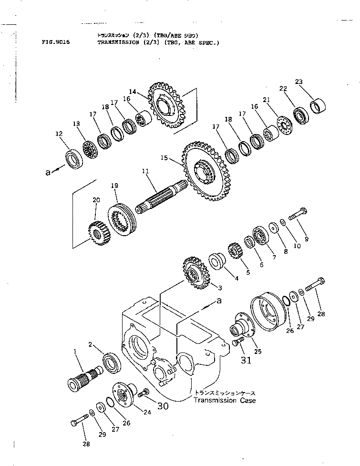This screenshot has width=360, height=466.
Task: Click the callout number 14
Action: pyautogui.click(x=133, y=91)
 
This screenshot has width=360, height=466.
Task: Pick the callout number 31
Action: pyautogui.click(x=246, y=361)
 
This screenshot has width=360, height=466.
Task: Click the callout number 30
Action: pyautogui.click(x=163, y=406)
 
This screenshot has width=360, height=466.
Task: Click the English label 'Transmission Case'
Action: pyautogui.click(x=224, y=400)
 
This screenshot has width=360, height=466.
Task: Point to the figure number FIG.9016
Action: pyautogui.click(x=56, y=42)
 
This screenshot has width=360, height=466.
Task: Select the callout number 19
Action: pyautogui.click(x=114, y=186)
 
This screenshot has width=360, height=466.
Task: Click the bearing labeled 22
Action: pyautogui.click(x=301, y=115)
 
